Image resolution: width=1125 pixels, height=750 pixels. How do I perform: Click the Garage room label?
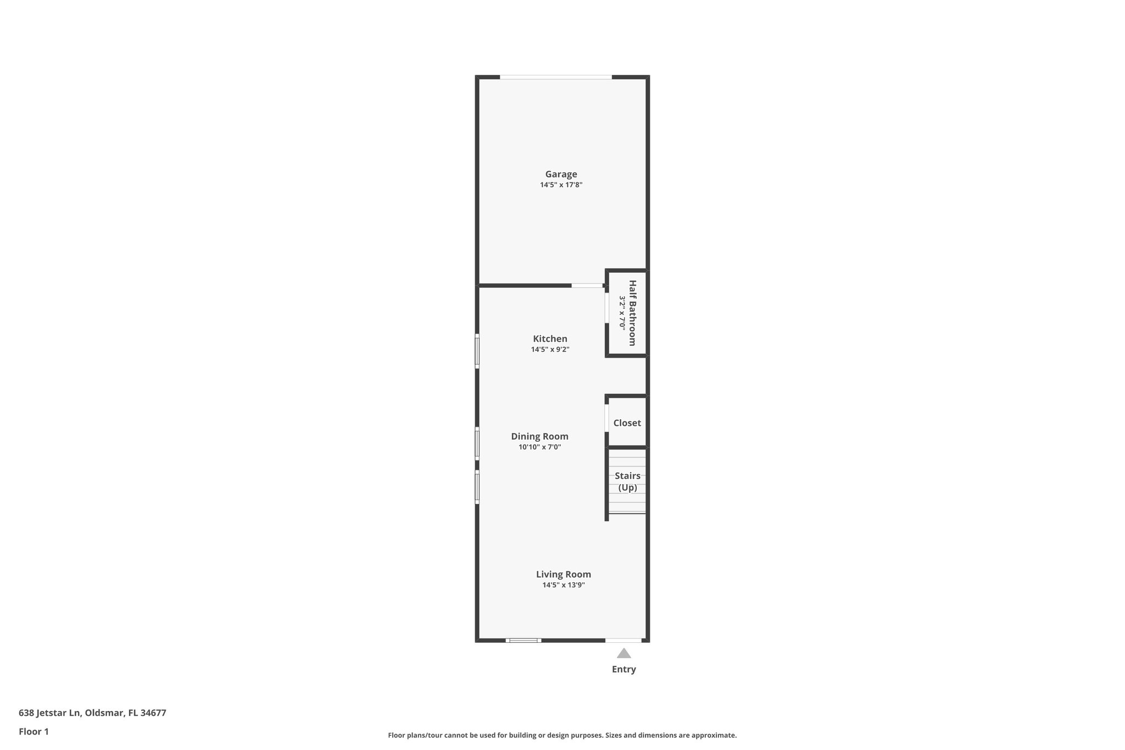pos(561,174)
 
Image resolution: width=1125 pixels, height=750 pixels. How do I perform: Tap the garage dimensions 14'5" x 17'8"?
pos(561,185)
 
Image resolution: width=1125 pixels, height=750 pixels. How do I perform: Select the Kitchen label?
pos(550,339)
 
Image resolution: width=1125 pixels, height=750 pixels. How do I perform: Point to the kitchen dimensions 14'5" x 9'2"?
pos(550,349)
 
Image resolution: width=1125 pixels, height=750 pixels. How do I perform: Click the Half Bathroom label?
pos(632,313)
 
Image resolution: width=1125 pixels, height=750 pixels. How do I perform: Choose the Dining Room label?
pos(539,436)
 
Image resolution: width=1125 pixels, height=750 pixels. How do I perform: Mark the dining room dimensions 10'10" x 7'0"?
pos(539,447)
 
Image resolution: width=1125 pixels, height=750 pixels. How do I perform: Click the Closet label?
pos(627,423)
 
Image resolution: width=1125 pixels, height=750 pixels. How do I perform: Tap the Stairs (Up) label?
pos(627,481)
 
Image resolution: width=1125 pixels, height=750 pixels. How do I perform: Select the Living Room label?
pos(564,574)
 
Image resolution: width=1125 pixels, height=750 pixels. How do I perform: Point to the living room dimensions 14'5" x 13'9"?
pos(564,585)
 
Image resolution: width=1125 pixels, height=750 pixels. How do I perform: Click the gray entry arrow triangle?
pos(623,653)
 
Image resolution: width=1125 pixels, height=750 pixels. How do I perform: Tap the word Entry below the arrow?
pos(623,669)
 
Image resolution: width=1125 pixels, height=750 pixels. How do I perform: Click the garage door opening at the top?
pos(555,77)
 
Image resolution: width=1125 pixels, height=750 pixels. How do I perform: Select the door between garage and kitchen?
pos(587,286)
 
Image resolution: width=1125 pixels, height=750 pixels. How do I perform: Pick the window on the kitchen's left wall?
pos(477,351)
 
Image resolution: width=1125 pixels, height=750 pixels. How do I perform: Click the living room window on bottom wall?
pos(523,640)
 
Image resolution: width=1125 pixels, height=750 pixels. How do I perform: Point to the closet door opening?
pos(606,418)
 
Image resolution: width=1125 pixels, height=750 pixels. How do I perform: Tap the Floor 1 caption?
pos(34,731)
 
